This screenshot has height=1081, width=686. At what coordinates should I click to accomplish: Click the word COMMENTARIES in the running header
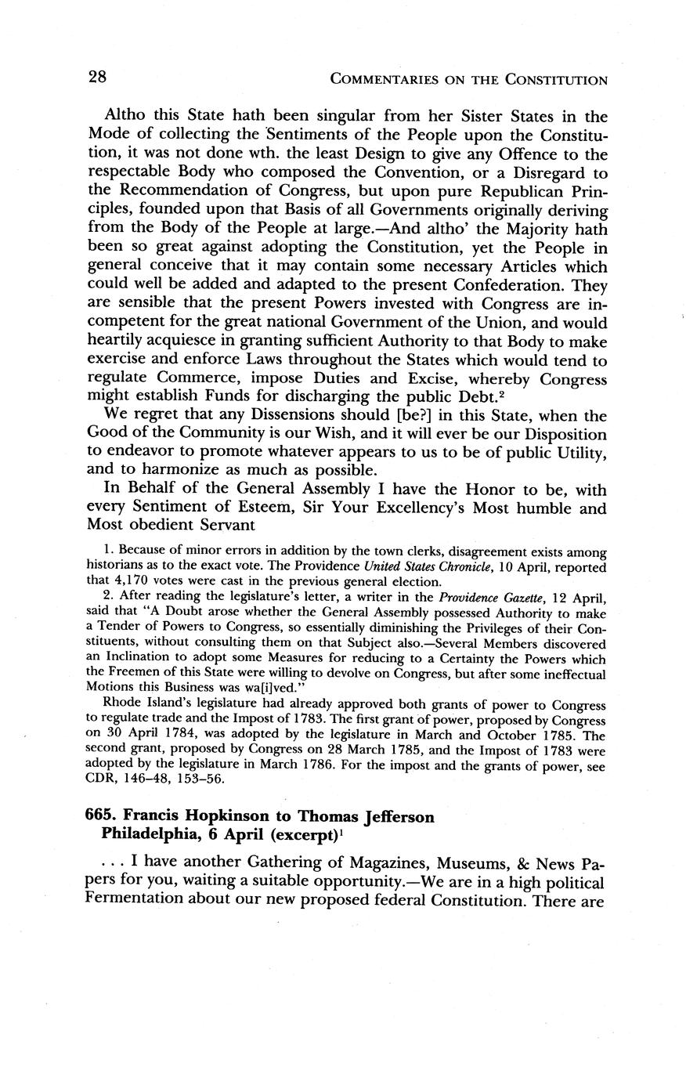[x=385, y=79]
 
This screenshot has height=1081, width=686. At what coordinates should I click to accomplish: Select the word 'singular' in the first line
[x=306, y=117]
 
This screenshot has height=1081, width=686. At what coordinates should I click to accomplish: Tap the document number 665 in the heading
[x=100, y=817]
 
